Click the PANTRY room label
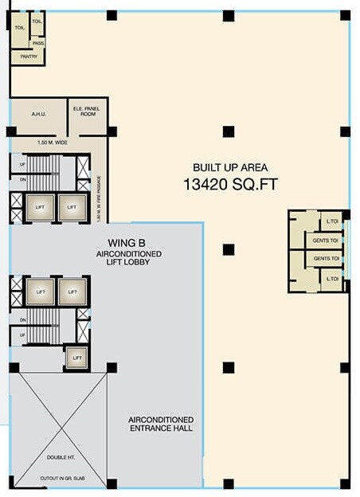coord(29,57)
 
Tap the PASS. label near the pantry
coord(37,43)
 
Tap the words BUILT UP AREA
coord(230,167)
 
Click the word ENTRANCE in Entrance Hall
coord(160,429)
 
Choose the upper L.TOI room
coord(331,221)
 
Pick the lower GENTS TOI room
coord(325,258)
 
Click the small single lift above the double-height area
coord(76,358)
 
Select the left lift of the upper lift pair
coord(40,208)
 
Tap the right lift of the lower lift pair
coord(72,292)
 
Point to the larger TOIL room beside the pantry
coord(18,27)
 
